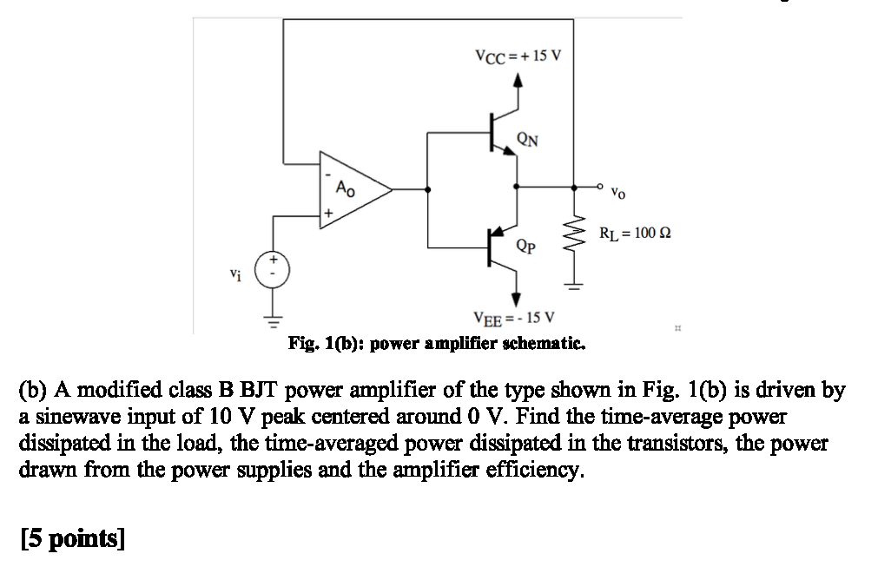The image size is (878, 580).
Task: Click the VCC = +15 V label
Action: pos(518,56)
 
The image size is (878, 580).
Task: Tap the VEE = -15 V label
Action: pos(515,317)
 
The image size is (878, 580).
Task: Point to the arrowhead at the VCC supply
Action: pos(518,81)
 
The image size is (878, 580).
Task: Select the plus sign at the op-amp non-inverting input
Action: pos(328,212)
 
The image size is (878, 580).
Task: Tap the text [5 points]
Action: pos(72,539)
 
